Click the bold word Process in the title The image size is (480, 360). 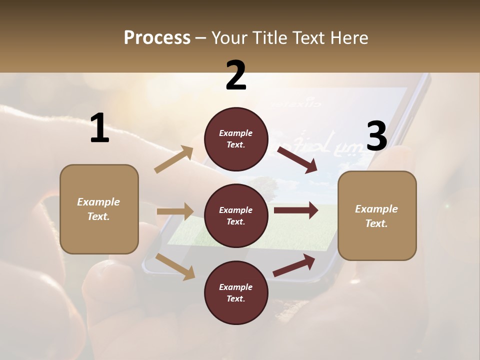click(157, 38)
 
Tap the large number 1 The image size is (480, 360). click(99, 128)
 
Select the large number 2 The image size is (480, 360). click(236, 75)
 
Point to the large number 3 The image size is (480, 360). click(377, 136)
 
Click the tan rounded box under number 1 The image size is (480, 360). click(99, 209)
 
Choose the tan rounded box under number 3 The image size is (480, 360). click(377, 216)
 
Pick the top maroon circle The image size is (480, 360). click(236, 139)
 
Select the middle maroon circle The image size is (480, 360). click(236, 215)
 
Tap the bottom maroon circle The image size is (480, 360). click(236, 292)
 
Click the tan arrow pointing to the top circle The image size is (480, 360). click(174, 159)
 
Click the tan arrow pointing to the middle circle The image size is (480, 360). click(175, 211)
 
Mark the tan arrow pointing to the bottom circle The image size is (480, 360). click(175, 266)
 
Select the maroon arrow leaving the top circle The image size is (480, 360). click(297, 160)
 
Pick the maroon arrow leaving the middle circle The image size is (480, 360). click(296, 210)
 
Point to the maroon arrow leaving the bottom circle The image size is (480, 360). click(294, 265)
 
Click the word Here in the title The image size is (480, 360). click(349, 38)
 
